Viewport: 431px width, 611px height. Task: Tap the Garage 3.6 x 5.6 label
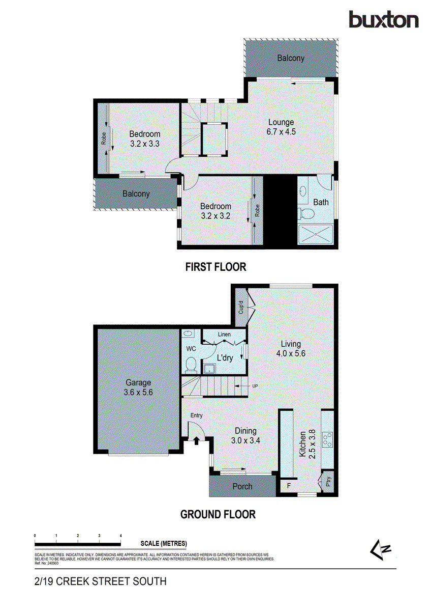click(138, 387)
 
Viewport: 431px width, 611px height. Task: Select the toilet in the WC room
click(191, 365)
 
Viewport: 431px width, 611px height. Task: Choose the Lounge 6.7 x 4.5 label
click(281, 127)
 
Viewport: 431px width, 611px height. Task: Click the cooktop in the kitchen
click(328, 439)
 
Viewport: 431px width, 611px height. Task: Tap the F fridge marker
click(289, 486)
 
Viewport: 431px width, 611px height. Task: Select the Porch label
click(242, 486)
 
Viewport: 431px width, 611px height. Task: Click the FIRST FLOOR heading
click(216, 267)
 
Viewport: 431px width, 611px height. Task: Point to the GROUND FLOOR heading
click(218, 514)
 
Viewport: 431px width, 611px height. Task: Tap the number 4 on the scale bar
click(120, 536)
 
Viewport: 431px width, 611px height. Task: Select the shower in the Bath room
click(315, 234)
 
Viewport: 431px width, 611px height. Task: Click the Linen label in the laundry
click(224, 334)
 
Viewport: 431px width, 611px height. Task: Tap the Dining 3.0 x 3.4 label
click(245, 435)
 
